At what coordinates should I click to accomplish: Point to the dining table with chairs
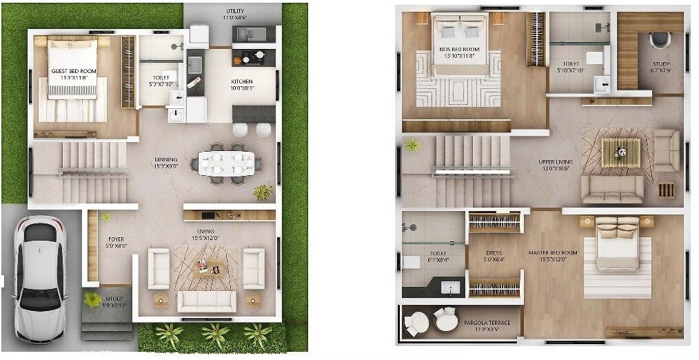226,163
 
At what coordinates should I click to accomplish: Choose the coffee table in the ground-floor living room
207,266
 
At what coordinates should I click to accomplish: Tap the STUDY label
661,67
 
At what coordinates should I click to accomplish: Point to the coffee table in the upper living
620,149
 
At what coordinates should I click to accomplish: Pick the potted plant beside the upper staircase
412,146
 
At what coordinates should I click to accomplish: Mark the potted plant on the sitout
92,299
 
